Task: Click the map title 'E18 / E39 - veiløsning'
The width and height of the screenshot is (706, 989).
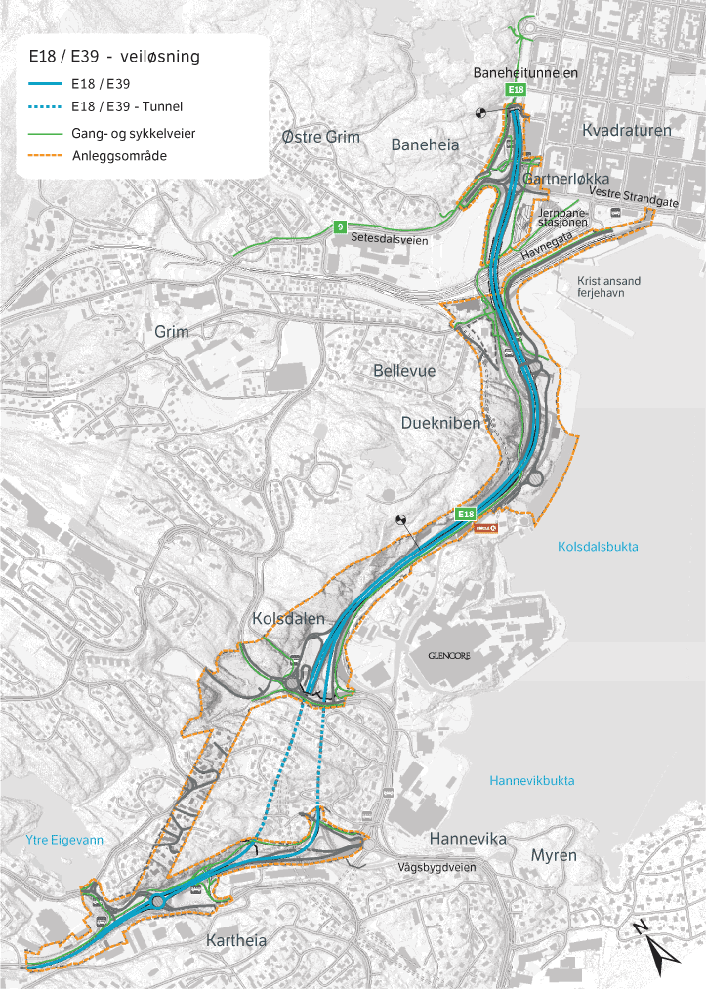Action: tap(115, 57)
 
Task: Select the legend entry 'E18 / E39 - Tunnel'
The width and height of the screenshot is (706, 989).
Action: tap(127, 106)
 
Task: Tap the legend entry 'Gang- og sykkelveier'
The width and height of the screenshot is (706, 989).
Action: tap(134, 132)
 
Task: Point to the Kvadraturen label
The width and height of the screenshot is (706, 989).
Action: tap(626, 130)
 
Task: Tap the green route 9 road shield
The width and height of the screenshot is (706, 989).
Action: tap(340, 227)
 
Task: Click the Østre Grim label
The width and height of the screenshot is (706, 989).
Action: tap(320, 137)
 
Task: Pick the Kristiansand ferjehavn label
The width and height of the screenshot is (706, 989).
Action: tap(602, 287)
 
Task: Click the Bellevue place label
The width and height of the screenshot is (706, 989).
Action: tap(404, 371)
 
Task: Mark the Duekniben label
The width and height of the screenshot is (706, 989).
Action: tap(440, 423)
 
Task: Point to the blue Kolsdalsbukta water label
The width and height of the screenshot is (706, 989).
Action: tap(598, 547)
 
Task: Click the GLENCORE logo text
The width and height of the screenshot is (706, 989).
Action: tap(449, 657)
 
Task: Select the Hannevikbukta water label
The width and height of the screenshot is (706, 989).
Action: tap(532, 780)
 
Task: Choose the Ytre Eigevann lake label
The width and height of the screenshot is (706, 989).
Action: tap(64, 839)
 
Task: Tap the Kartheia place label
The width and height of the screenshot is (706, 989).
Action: tap(236, 940)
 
